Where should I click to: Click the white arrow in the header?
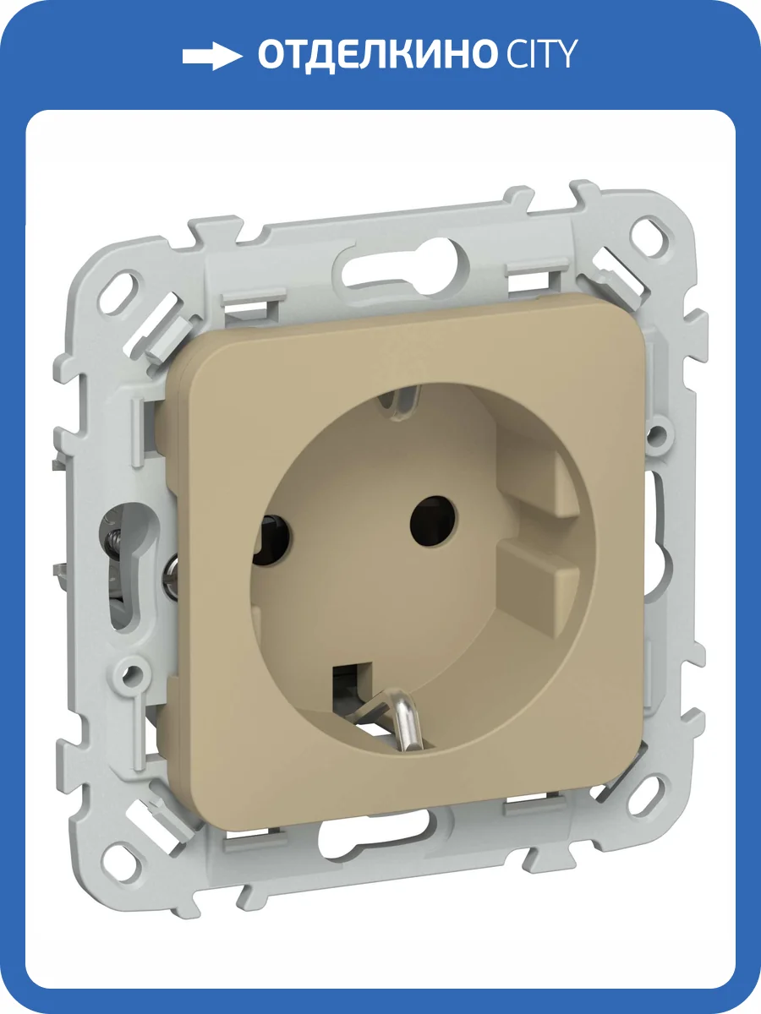212,57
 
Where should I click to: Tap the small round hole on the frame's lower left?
131,675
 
